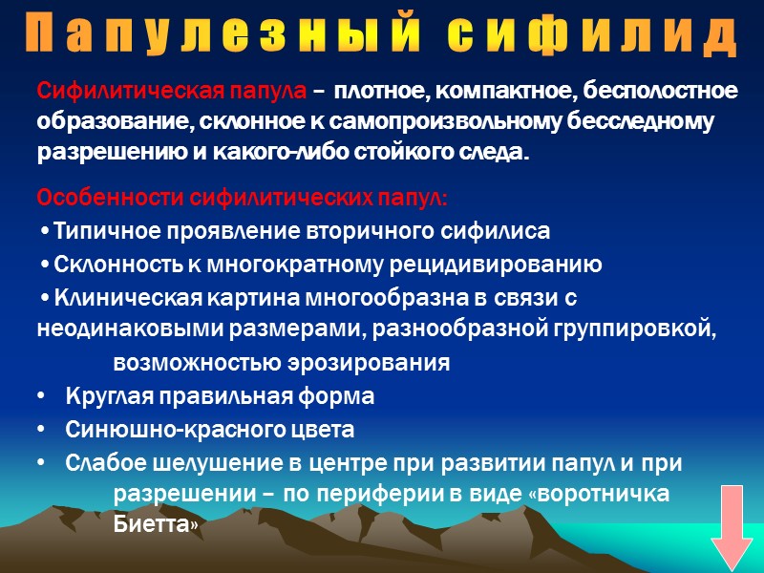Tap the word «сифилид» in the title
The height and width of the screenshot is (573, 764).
point(592,35)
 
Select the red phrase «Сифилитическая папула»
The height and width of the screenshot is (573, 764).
point(173,92)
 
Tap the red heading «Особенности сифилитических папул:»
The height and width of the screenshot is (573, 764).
point(243,199)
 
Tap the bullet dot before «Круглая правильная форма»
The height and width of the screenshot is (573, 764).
point(40,396)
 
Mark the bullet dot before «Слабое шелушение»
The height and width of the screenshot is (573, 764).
point(40,463)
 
